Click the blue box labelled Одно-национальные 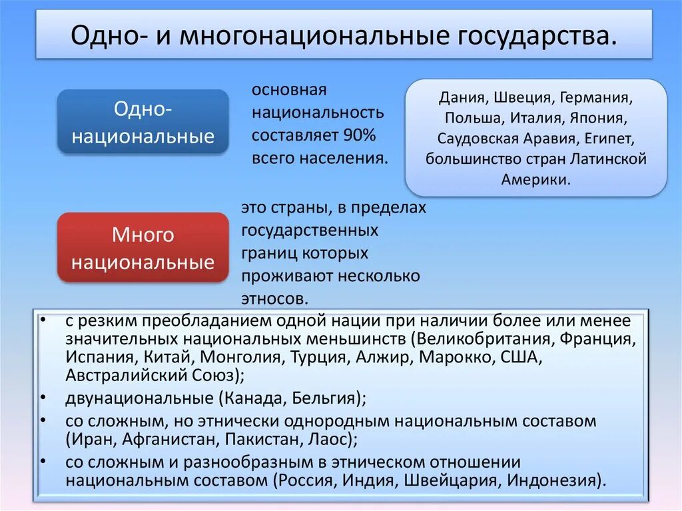tap(143, 122)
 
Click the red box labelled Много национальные tap(143, 248)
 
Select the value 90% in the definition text tap(360, 135)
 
